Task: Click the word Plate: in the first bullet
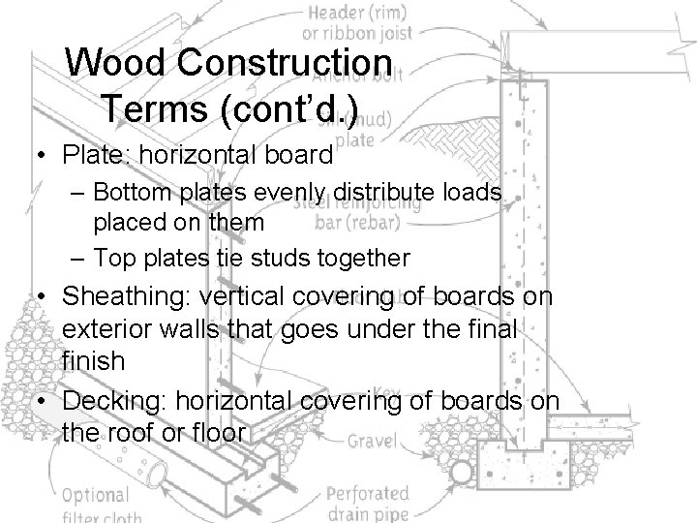coord(93,154)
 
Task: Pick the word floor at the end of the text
coord(219,433)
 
